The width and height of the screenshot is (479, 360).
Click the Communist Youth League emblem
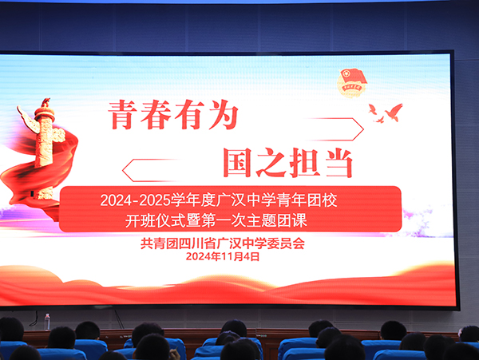coord(351,83)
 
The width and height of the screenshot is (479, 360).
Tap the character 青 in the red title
coord(122,116)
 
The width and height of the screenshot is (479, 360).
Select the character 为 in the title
coord(224,115)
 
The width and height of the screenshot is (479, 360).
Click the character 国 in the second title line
coord(237,162)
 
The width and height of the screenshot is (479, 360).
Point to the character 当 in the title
coord(339,163)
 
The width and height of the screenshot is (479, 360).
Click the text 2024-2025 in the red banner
coord(136,200)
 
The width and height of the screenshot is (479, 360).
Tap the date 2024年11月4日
coord(223,256)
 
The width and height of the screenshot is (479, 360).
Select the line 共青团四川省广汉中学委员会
coord(223,243)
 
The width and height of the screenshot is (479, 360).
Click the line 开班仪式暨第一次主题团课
coord(216,220)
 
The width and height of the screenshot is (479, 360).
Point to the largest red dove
coord(394,112)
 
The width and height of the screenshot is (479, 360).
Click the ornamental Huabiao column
coord(45,148)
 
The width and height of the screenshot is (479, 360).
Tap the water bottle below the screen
coord(47,322)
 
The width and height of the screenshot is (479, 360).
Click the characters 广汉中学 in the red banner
coord(246,200)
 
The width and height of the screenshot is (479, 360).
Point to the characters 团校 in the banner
coord(323,200)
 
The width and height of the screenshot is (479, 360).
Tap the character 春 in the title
coord(156,115)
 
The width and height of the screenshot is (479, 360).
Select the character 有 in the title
coord(190,115)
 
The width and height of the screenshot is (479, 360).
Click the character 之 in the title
coord(271,163)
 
